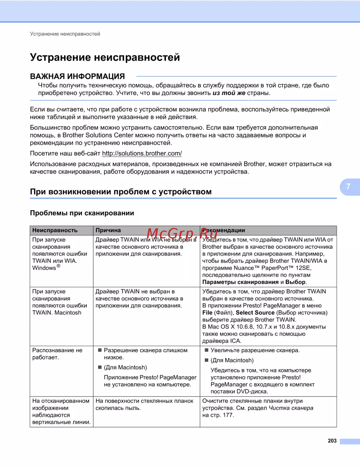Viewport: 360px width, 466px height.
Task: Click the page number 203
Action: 332,441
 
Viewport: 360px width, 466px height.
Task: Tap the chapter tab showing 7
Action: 348,187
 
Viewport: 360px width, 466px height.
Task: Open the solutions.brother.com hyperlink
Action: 142,153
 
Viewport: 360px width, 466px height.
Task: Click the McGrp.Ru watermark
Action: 182,234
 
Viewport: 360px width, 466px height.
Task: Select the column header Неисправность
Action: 55,230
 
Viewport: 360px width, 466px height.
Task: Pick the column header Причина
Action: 108,230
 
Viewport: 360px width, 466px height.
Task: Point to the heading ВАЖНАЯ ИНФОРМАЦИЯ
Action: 77,76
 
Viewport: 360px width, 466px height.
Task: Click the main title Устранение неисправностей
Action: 105,57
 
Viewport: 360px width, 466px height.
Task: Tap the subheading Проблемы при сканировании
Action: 82,213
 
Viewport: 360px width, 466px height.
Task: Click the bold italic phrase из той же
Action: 229,93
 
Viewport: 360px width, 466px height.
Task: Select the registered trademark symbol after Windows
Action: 58,266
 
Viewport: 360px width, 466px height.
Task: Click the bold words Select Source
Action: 255,313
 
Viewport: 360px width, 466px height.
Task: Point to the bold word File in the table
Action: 207,313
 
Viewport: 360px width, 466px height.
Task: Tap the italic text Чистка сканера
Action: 291,408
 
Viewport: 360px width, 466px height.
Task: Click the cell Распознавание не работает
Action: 57,354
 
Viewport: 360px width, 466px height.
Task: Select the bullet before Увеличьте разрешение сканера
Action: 207,350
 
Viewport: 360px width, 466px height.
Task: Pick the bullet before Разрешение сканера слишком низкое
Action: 100,350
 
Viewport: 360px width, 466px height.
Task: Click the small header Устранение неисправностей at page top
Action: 65,34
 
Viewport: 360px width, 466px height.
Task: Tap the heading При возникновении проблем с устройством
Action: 121,192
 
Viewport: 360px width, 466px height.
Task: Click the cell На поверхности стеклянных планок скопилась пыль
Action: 144,404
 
